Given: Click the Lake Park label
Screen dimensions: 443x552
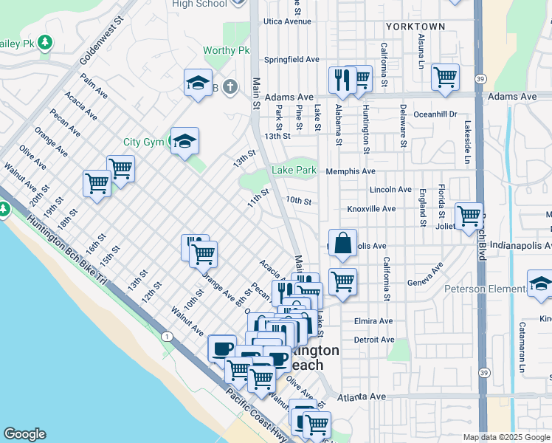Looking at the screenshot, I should coord(294,170).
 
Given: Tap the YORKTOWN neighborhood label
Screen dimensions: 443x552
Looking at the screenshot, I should coord(415,27).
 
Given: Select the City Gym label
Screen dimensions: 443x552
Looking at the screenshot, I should coord(142,142).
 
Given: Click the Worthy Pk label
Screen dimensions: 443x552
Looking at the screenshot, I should coord(227,51).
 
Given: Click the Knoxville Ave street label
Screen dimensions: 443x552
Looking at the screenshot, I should coord(371,209).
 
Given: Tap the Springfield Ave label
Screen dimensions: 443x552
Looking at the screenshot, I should coord(291,59).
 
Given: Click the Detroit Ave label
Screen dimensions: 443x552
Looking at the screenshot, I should coord(374,340).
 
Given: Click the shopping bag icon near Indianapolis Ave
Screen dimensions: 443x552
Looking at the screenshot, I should coord(343,243).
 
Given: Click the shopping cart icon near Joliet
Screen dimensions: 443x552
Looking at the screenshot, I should coord(469,216).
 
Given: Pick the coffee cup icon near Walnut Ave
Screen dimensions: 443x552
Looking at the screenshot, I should coord(222,347).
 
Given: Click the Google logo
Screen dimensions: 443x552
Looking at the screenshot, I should coord(24,434).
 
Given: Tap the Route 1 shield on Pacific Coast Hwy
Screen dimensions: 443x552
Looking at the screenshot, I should coord(169,337).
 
